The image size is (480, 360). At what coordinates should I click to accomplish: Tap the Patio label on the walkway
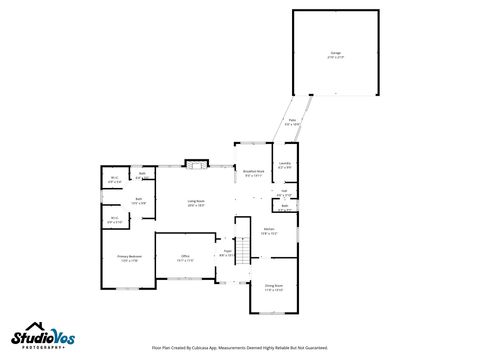[x=292, y=122]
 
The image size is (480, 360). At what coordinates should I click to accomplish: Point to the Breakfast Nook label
[x=254, y=173]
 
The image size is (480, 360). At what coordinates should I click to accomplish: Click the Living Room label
[x=196, y=203]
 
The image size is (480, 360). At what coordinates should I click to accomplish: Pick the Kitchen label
[x=269, y=231]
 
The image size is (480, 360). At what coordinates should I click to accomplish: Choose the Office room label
[x=185, y=258]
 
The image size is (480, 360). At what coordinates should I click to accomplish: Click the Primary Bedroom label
[x=128, y=258]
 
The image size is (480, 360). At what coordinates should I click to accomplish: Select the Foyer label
[x=227, y=253]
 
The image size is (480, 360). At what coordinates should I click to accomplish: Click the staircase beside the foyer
[x=241, y=240]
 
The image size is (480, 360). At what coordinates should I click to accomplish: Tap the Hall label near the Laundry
[x=284, y=193]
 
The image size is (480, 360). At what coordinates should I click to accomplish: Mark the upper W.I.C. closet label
[x=114, y=180]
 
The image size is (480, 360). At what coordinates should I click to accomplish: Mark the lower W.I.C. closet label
[x=114, y=220]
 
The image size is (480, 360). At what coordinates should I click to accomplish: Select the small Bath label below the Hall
[x=284, y=207]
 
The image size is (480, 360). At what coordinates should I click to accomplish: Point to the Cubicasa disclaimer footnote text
[x=240, y=348]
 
